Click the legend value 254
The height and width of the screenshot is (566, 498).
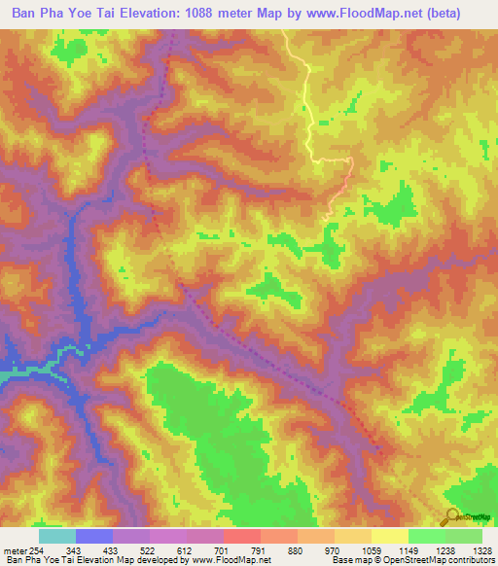pos(37,549)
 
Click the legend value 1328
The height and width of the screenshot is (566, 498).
pos(481,549)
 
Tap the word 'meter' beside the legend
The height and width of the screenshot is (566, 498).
pos(14,549)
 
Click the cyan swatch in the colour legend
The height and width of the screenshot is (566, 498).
pos(57,536)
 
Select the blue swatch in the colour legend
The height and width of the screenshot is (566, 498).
pos(94,536)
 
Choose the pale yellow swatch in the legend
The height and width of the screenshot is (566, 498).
pos(390,536)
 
